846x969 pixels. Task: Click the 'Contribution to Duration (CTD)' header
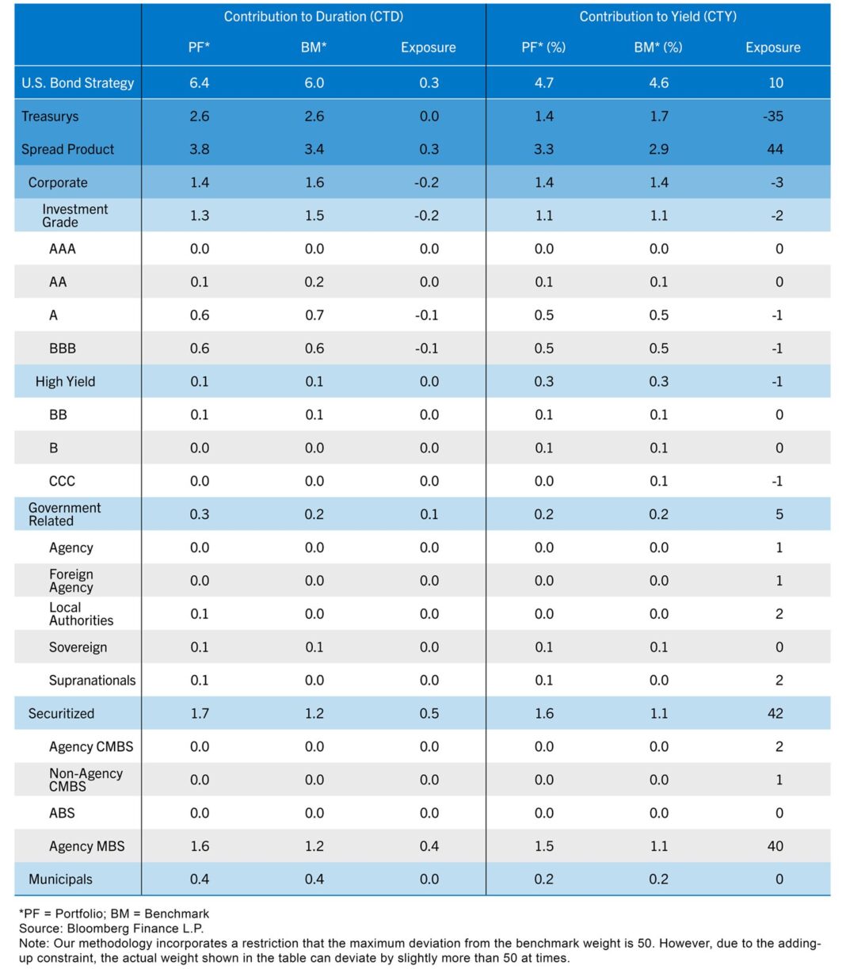pyautogui.click(x=313, y=17)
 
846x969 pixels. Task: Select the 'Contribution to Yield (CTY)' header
pyautogui.click(x=657, y=17)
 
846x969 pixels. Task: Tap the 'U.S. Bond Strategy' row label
pyautogui.click(x=78, y=82)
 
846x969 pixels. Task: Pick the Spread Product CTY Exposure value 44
pyautogui.click(x=775, y=150)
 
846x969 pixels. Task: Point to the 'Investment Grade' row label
pyautogui.click(x=74, y=216)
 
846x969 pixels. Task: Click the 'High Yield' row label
pyautogui.click(x=65, y=382)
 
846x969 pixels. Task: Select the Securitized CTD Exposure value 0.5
pyautogui.click(x=429, y=713)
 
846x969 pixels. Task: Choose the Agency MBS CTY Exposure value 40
pyautogui.click(x=775, y=846)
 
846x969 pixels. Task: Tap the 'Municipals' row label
pyautogui.click(x=60, y=879)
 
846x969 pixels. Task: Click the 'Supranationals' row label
pyautogui.click(x=92, y=681)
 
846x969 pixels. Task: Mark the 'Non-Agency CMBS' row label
pyautogui.click(x=86, y=780)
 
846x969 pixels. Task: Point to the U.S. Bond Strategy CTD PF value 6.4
pyautogui.click(x=200, y=82)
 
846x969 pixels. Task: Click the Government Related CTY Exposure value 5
pyautogui.click(x=779, y=514)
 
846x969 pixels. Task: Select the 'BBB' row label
pyautogui.click(x=63, y=349)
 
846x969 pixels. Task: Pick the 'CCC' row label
pyautogui.click(x=62, y=481)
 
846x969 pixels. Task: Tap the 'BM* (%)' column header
pyautogui.click(x=657, y=48)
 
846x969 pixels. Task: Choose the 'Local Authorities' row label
pyautogui.click(x=81, y=614)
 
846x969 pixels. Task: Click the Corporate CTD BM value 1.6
pyautogui.click(x=314, y=182)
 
